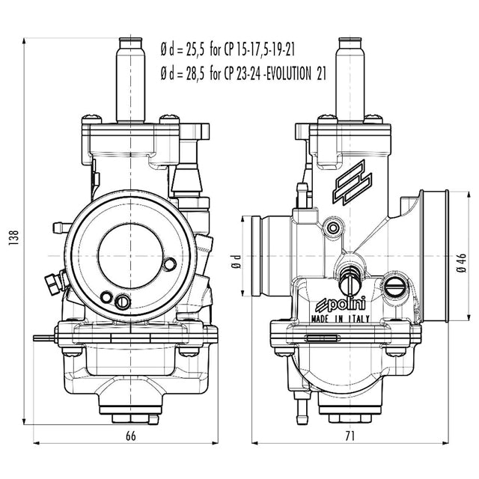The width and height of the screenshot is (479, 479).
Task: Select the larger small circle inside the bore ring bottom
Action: (x=123, y=301)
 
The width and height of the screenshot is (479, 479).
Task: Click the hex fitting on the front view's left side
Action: (x=52, y=281)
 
